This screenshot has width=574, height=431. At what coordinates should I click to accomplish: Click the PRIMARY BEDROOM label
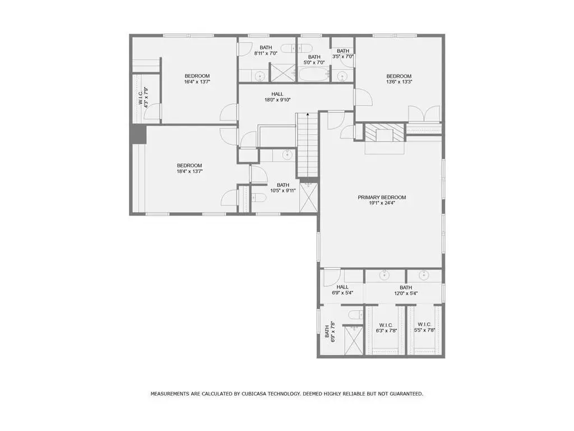coord(382,197)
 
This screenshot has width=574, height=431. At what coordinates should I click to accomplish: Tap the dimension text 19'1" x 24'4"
coord(382,203)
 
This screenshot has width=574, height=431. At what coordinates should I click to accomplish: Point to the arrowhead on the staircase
coord(308,114)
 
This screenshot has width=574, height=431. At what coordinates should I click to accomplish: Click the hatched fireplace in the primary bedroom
coord(385,132)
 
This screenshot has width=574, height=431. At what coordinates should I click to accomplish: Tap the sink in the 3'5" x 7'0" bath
coord(342,76)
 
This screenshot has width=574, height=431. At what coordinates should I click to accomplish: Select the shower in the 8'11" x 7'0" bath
coord(283,72)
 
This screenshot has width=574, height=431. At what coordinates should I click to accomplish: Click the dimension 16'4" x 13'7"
coord(197,82)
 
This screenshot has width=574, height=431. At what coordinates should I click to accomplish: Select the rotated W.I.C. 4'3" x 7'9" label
coord(143,97)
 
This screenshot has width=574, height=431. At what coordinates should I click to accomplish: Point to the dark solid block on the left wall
coord(139,134)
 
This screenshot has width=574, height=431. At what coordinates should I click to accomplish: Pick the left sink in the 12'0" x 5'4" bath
coord(385,275)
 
